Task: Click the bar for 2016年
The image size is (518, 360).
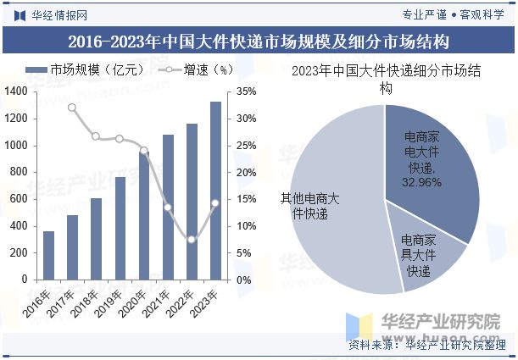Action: [x=48, y=255]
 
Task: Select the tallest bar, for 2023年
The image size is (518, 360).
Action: [x=215, y=191]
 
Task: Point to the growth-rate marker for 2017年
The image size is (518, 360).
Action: [x=72, y=108]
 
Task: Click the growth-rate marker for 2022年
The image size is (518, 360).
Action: [x=192, y=240]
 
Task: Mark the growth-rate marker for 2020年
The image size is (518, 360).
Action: [x=143, y=151]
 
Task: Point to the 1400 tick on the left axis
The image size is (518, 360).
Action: [x=18, y=91]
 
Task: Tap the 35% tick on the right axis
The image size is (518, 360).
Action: [x=247, y=91]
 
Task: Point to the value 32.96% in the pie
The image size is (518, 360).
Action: [x=419, y=182]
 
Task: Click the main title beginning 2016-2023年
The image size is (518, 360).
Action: [x=259, y=41]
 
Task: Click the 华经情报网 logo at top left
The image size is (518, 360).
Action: [x=50, y=14]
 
